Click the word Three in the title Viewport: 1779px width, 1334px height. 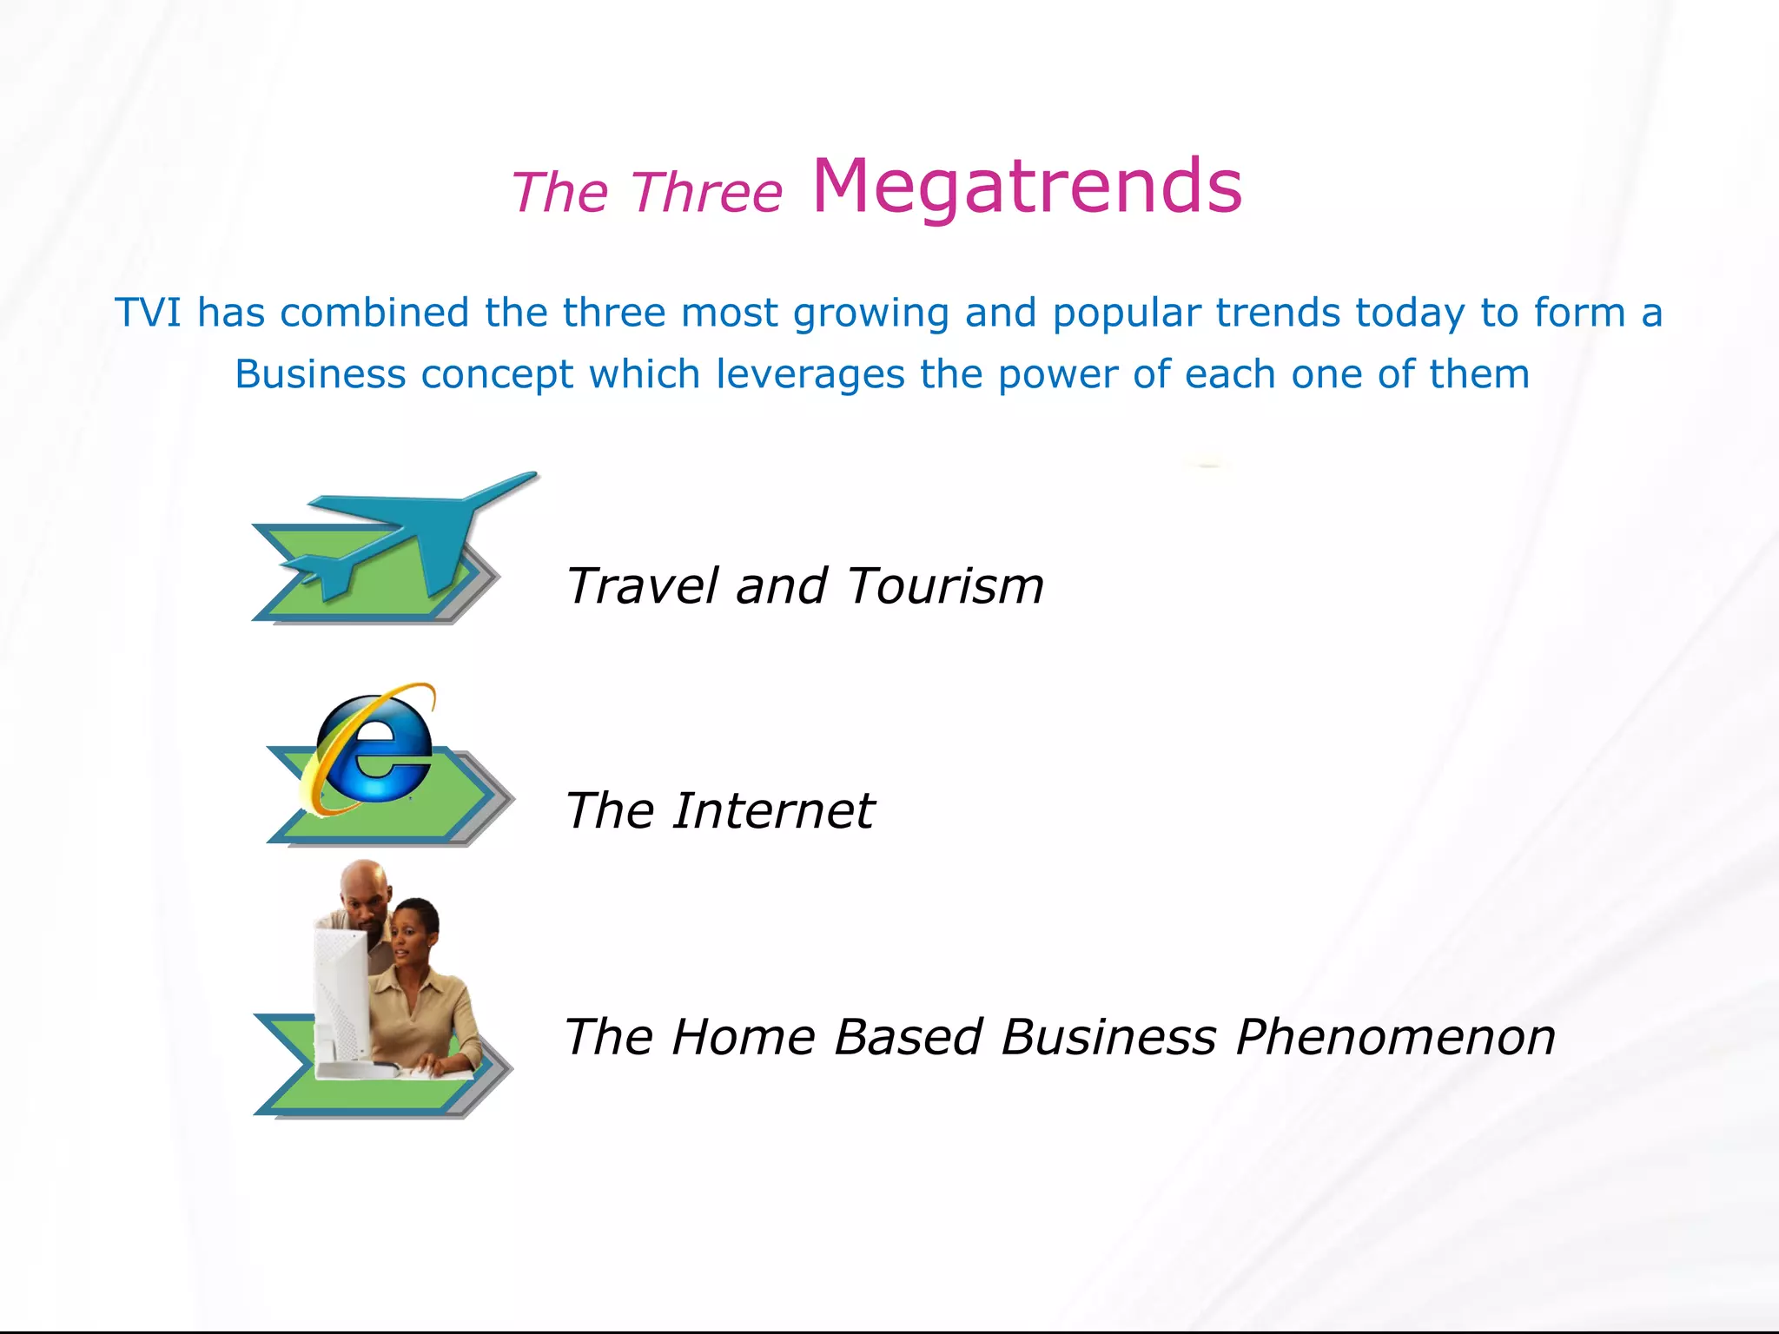pos(706,192)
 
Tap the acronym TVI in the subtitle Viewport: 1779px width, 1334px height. pos(148,313)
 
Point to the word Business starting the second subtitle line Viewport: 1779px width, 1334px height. pos(320,374)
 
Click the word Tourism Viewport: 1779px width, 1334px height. pos(945,585)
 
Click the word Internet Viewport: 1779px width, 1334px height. pos(773,810)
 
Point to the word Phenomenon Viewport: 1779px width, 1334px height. pos(1395,1037)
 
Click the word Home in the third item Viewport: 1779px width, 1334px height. pos(743,1037)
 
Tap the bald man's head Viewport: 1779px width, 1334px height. pos(362,888)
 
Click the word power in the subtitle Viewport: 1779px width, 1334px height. pos(1056,375)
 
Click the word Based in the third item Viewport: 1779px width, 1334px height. pos(907,1037)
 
